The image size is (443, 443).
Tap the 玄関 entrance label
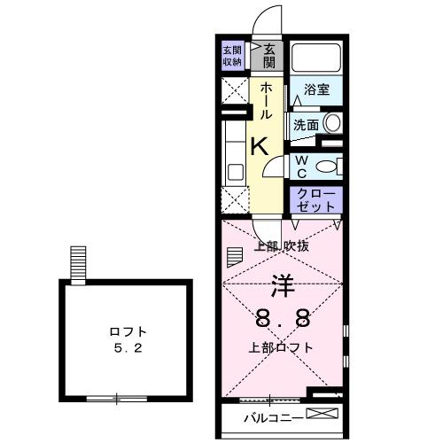coord(269,55)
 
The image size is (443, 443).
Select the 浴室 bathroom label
coord(316,89)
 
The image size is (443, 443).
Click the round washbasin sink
coord(332,123)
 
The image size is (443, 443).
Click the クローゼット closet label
coord(315,199)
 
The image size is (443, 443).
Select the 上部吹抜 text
coord(282,246)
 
